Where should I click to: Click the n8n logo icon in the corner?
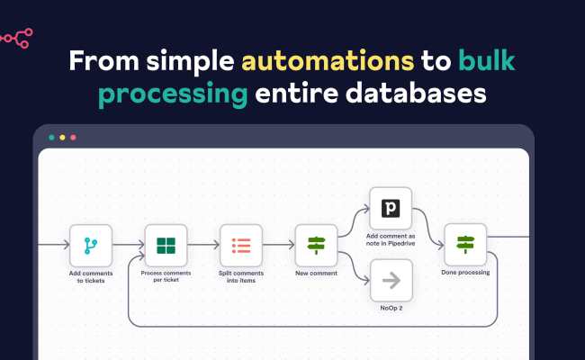point(16,36)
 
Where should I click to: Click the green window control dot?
point(51,138)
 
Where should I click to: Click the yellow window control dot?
point(62,138)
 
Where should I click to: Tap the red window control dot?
point(73,138)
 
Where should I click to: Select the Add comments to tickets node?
point(91,245)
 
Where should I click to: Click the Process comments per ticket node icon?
point(166,245)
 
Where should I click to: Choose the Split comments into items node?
point(240,245)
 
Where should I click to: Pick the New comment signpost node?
point(316,245)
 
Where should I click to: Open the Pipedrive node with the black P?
point(391,209)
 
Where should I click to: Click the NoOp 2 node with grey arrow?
point(391,280)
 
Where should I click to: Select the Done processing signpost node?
point(465,245)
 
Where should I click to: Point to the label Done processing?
point(465,273)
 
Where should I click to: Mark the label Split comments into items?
point(240,276)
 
